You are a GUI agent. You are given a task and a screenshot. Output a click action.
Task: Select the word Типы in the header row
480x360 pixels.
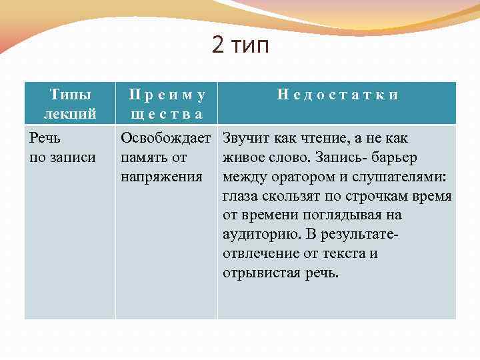pos(70,95)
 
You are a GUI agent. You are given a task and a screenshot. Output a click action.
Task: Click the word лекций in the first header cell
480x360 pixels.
pos(70,114)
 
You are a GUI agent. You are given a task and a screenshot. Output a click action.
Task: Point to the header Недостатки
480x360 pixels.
pos(337,95)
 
